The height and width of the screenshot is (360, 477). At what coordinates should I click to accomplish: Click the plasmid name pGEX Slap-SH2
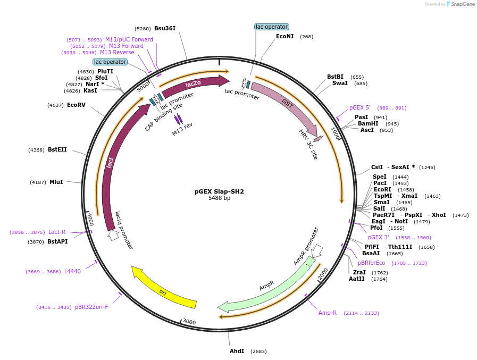click(219, 191)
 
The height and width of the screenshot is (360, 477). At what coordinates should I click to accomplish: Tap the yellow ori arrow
click(164, 289)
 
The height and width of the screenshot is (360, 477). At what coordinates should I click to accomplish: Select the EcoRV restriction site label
click(76, 105)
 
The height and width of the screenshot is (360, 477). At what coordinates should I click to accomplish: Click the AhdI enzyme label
click(237, 351)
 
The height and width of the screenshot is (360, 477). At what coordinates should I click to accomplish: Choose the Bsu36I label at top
click(165, 28)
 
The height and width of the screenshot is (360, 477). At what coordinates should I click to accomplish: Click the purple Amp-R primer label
click(328, 313)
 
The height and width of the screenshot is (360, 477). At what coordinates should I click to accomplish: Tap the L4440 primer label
click(72, 271)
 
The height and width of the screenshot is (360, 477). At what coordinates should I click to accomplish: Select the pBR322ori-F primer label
click(91, 307)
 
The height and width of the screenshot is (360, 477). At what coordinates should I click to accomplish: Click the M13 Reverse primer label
click(117, 52)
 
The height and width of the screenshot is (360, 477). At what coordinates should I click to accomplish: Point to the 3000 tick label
click(189, 322)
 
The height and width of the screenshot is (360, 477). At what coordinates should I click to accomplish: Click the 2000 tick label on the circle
click(323, 274)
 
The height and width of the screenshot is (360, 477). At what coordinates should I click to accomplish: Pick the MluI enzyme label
click(56, 182)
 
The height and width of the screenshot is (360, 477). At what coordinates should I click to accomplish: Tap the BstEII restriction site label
click(57, 149)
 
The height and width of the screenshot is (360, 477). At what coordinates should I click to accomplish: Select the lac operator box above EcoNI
click(272, 27)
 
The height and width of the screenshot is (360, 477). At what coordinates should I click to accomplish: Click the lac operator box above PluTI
click(110, 62)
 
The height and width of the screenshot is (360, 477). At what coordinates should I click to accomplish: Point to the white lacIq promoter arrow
click(113, 235)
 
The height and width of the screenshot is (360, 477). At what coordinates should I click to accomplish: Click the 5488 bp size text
click(219, 198)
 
